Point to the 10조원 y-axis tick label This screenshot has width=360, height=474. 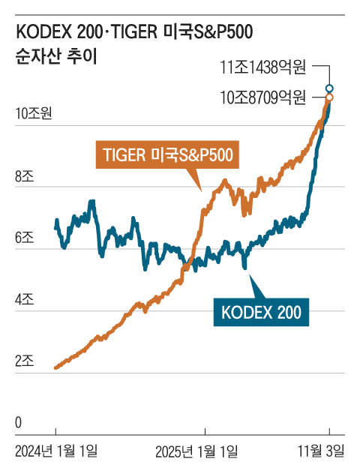point(33,114)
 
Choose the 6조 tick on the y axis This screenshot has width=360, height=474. point(24,239)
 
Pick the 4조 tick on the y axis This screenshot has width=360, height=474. point(24,301)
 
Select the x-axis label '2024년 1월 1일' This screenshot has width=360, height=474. point(56,451)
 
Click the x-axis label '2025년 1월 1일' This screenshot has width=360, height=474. point(197,451)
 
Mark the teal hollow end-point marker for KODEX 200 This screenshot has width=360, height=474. point(329,88)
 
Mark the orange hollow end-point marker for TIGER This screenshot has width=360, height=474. point(329,97)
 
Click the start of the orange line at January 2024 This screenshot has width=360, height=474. point(56,367)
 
